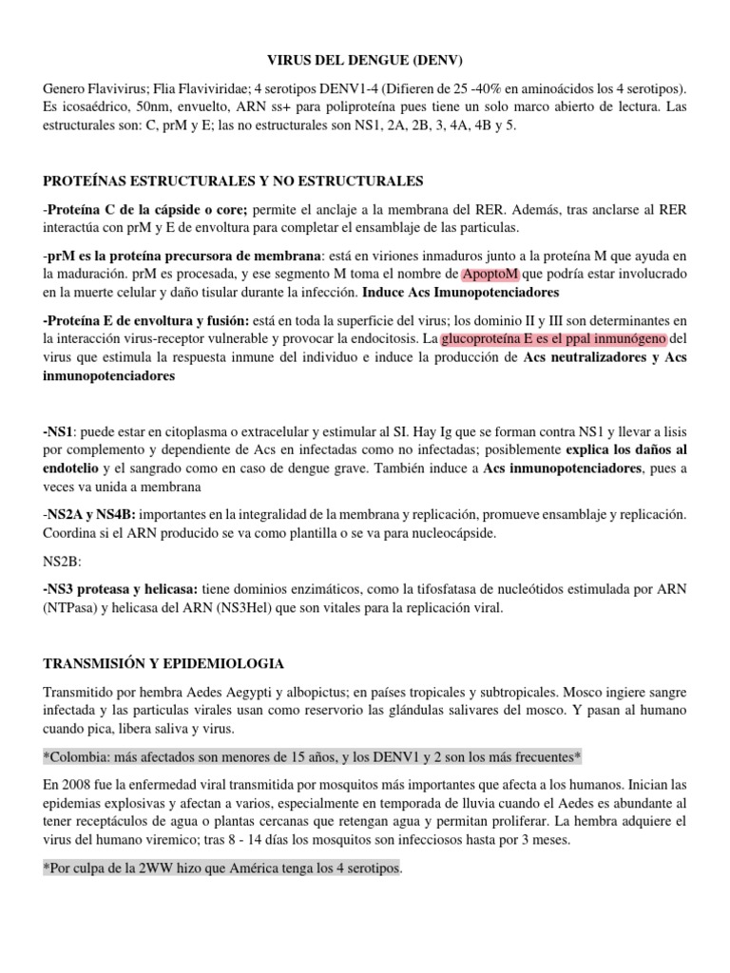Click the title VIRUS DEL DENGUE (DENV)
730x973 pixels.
[x=364, y=61]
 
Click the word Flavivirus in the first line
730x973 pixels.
[x=124, y=88]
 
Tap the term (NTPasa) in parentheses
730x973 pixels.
[x=78, y=607]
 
